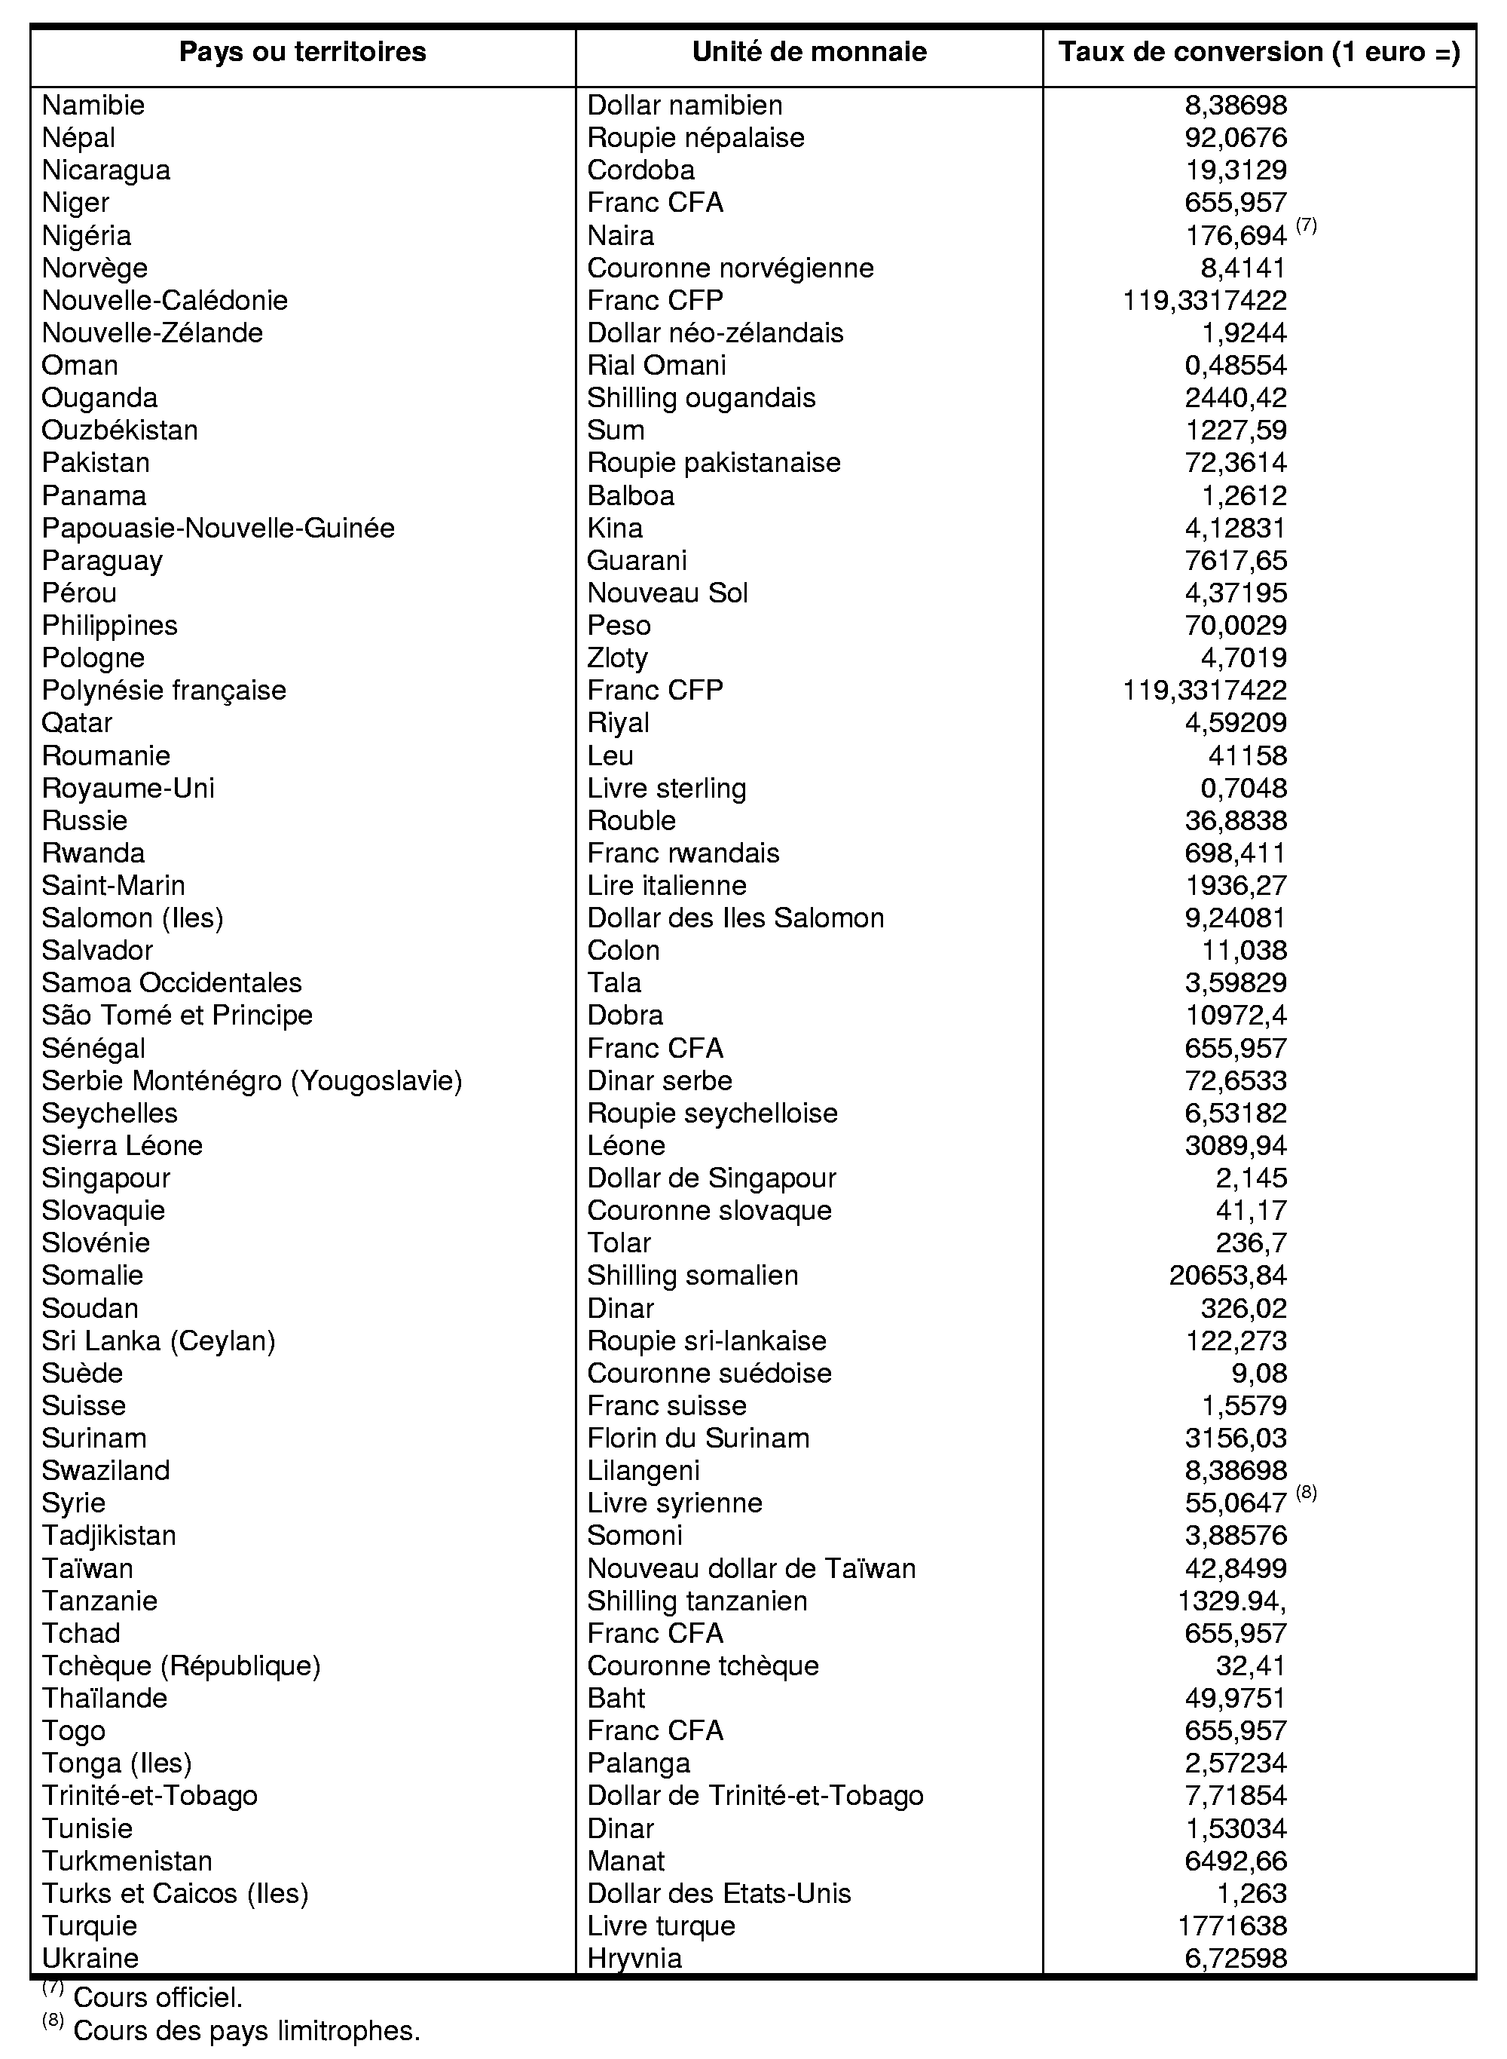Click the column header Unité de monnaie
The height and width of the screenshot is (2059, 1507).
tap(809, 52)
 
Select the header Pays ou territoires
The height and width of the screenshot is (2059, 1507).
tap(302, 52)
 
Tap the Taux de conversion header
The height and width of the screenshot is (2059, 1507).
tap(1259, 52)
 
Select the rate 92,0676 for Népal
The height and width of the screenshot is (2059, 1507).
tap(1235, 138)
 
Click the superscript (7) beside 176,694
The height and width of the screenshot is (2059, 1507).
tap(1307, 225)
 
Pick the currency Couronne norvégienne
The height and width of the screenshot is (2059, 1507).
tap(730, 268)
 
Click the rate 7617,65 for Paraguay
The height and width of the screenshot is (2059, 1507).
tap(1235, 560)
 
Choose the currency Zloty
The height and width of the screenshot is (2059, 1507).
tap(618, 658)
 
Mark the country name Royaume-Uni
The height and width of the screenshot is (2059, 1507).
tap(129, 788)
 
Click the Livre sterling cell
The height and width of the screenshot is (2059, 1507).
tap(666, 788)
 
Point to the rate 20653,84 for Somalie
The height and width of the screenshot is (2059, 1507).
tap(1228, 1275)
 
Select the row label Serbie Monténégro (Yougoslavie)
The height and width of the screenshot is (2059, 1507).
tap(252, 1080)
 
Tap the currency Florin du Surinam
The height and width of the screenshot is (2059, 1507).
tap(698, 1438)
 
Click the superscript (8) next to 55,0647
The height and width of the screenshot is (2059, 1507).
tap(1307, 1493)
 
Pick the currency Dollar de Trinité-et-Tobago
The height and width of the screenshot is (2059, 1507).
tap(755, 1795)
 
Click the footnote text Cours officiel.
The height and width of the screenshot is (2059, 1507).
tap(157, 1998)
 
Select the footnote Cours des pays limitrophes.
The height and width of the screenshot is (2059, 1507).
tap(246, 2030)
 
